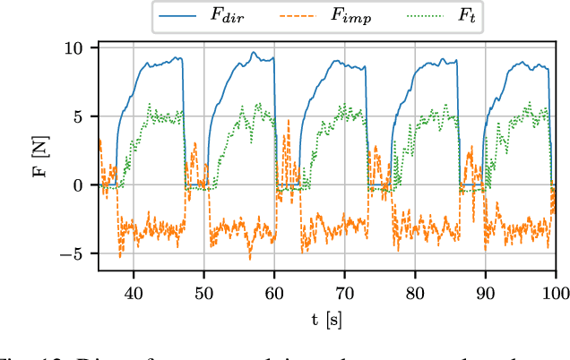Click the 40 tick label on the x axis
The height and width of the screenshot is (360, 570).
pyautogui.click(x=134, y=293)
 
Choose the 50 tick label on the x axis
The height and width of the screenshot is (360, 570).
pyautogui.click(x=204, y=293)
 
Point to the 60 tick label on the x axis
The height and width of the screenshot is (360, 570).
pyautogui.click(x=274, y=293)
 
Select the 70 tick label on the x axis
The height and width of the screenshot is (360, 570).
pyautogui.click(x=345, y=293)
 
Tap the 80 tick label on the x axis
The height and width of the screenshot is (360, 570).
pyautogui.click(x=415, y=293)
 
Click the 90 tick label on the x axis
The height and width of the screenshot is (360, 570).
pyautogui.click(x=486, y=293)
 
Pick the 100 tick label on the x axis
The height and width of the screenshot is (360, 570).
pyautogui.click(x=555, y=293)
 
